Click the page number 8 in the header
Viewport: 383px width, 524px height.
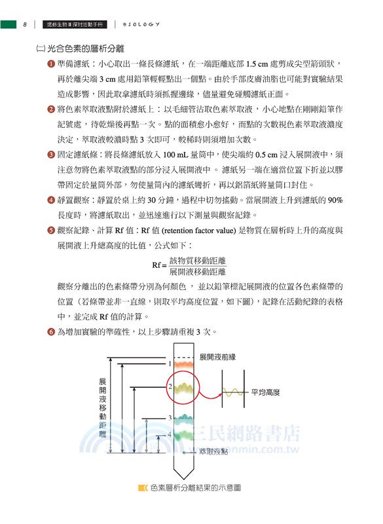click(24, 25)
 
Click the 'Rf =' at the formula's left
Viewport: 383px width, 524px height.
click(159, 265)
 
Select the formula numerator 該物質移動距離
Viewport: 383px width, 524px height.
click(197, 261)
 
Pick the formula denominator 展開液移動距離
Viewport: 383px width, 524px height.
click(197, 271)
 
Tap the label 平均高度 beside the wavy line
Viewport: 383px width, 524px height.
click(265, 392)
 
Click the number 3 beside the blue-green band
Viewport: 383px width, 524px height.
click(170, 418)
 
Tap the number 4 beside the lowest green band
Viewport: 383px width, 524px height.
click(170, 434)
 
